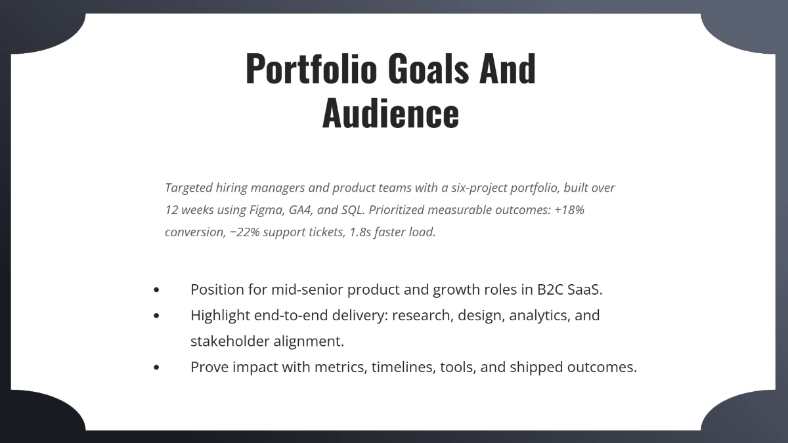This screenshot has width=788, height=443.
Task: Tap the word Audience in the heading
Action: coord(390,112)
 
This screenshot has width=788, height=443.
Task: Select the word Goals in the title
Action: coord(428,68)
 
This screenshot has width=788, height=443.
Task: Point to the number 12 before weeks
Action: coord(171,210)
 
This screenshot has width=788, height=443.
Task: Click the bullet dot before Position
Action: coord(156,289)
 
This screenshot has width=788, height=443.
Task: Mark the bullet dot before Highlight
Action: coord(156,316)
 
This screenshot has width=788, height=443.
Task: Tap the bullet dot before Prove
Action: coord(156,368)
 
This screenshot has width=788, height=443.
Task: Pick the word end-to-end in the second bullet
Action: coord(287,315)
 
